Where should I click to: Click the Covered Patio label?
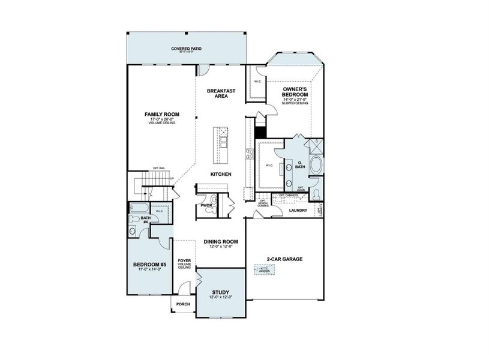pyautogui.click(x=185, y=48)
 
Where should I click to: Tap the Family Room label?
pyautogui.click(x=162, y=114)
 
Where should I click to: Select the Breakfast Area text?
pyautogui.click(x=221, y=94)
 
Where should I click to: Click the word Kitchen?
pyautogui.click(x=221, y=174)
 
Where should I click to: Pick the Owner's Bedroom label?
pyautogui.click(x=296, y=92)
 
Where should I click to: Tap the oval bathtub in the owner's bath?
pyautogui.click(x=316, y=166)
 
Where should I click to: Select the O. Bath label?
pyautogui.click(x=299, y=165)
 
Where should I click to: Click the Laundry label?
pyautogui.click(x=298, y=211)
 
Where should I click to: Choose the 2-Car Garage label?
pyautogui.click(x=284, y=259)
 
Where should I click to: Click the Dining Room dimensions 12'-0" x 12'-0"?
pyautogui.click(x=221, y=247)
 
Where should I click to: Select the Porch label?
pyautogui.click(x=184, y=304)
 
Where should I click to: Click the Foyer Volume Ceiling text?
pyautogui.click(x=184, y=264)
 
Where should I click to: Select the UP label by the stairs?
pyautogui.click(x=173, y=179)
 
